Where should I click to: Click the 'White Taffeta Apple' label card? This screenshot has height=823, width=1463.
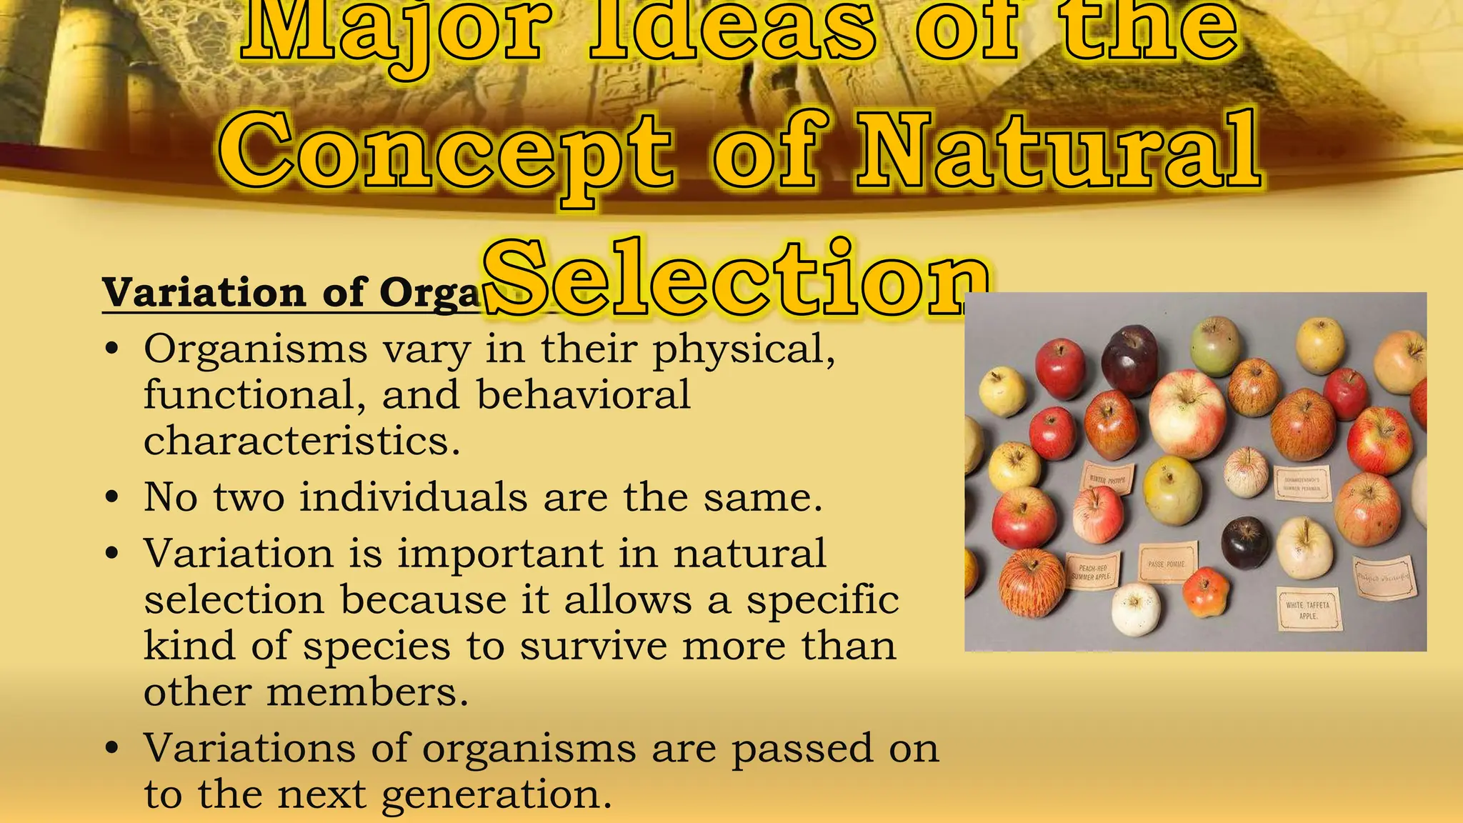1308,609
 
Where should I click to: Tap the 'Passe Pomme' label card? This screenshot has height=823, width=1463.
1167,563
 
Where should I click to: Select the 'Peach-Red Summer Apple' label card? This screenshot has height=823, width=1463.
1092,572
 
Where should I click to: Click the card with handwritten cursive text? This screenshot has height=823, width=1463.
1384,577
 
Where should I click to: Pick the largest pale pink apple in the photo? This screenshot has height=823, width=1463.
1187,414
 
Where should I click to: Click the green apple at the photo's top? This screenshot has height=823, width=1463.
1216,346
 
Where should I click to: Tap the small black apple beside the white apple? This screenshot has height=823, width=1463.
1245,543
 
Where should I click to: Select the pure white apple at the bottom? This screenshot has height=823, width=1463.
1136,609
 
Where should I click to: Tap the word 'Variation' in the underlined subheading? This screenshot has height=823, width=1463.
204,293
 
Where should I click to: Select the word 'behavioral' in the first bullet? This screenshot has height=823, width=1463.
583,395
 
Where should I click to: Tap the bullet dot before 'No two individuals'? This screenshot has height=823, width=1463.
111,497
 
